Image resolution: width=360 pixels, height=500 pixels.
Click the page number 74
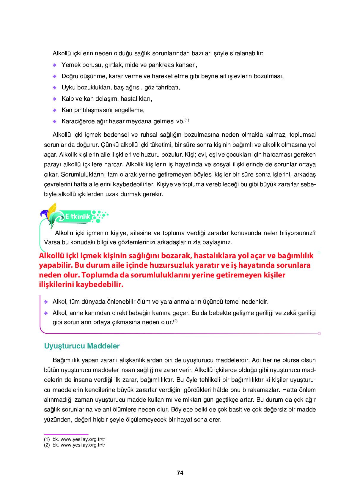pyautogui.click(x=180, y=473)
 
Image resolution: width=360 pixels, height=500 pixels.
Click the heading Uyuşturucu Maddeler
pyautogui.click(x=82, y=346)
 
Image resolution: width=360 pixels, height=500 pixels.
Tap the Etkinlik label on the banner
pyautogui.click(x=78, y=217)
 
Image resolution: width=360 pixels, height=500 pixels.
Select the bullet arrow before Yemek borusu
pyautogui.click(x=54, y=65)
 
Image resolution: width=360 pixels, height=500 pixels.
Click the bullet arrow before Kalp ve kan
pyautogui.click(x=54, y=99)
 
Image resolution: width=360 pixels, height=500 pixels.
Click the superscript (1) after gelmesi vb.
pyautogui.click(x=187, y=120)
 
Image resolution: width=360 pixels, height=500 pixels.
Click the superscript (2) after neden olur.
pyautogui.click(x=175, y=321)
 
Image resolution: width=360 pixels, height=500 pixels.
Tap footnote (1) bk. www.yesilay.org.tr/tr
pyautogui.click(x=75, y=439)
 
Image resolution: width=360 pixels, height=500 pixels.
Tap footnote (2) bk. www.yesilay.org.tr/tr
pyautogui.click(x=75, y=445)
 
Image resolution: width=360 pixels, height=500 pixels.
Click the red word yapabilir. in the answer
pyautogui.click(x=56, y=265)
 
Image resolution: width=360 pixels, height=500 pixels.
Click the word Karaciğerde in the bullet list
pyautogui.click(x=78, y=121)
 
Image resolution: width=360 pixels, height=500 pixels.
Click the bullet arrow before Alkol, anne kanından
pyautogui.click(x=46, y=313)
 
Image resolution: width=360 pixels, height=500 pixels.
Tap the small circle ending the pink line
pyautogui.click(x=319, y=334)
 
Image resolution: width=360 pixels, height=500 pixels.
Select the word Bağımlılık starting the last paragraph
pyautogui.click(x=66, y=360)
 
